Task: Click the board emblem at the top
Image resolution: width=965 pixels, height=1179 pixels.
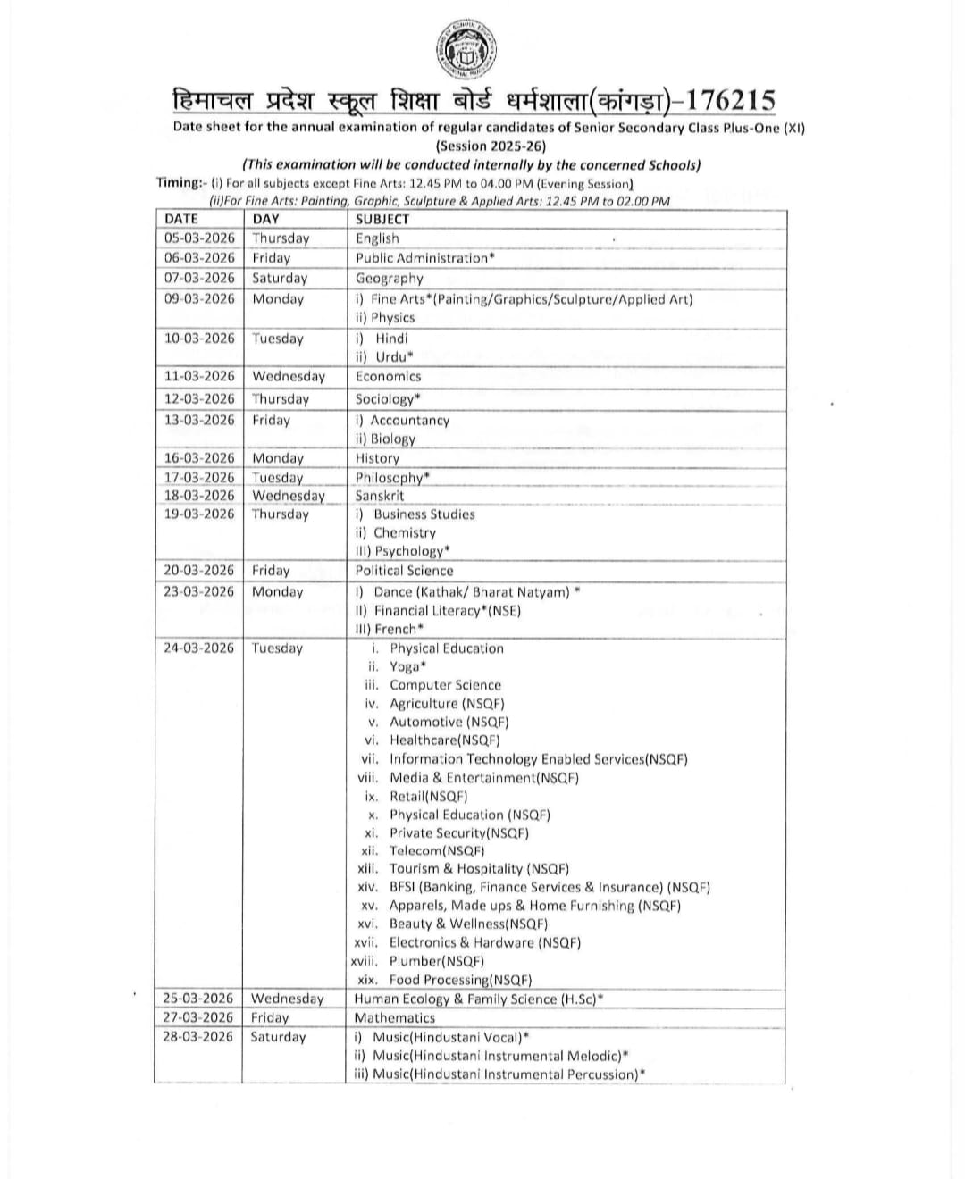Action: pos(467,49)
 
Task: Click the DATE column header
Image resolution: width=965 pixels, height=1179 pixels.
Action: pos(181,219)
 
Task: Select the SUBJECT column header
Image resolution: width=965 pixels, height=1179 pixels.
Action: pos(382,219)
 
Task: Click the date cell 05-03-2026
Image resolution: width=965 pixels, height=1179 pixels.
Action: pos(199,238)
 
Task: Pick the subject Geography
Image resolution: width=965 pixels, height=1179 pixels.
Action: pos(389,278)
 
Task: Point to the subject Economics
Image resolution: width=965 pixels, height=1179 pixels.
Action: pos(388,377)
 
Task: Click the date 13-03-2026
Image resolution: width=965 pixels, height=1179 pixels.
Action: pos(199,420)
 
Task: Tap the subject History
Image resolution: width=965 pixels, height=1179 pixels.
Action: pos(377,458)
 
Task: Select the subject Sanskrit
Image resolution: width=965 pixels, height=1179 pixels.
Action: pos(380,496)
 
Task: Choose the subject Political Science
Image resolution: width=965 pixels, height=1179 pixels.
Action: pos(404,571)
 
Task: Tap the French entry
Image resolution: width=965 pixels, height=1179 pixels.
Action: pos(398,629)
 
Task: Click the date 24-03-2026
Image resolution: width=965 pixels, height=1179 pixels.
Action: pos(198,648)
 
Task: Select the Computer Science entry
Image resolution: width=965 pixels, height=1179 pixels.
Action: pos(445,685)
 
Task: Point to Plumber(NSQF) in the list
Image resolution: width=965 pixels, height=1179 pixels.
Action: pos(436,961)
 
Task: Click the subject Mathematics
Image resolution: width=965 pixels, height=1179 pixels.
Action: pos(395,1017)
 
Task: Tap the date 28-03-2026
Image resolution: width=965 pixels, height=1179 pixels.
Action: pos(197,1037)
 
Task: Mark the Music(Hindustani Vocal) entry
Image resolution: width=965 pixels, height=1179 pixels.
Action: pos(449,1037)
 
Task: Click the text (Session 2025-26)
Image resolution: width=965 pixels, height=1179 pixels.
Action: pos(490,146)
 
